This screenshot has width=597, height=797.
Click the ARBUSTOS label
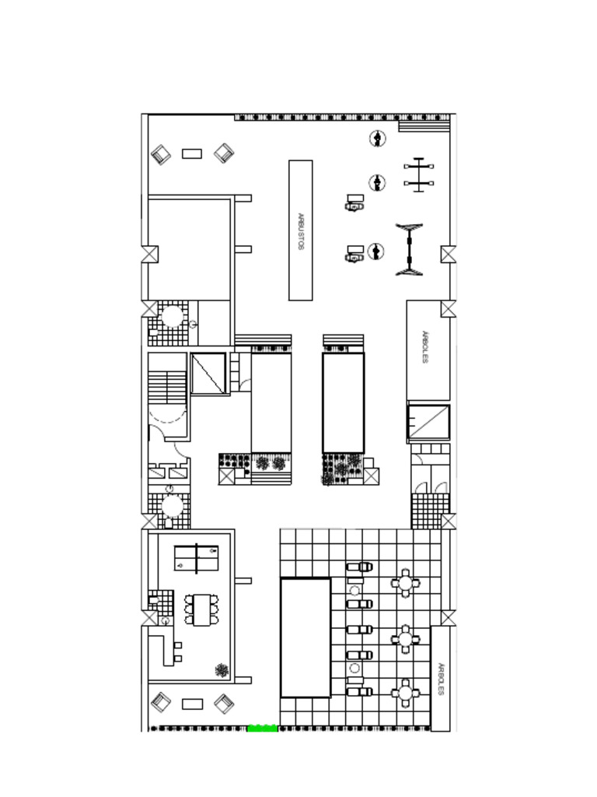click(x=301, y=231)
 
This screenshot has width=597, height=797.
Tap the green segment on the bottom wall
click(x=263, y=728)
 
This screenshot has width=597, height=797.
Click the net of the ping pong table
click(x=197, y=557)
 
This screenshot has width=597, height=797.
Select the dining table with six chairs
click(x=202, y=610)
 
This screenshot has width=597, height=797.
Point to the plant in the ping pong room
click(x=222, y=670)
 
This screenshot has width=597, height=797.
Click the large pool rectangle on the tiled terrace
click(x=305, y=637)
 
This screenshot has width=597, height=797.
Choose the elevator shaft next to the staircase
click(x=208, y=374)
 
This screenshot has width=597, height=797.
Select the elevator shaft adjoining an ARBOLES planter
click(x=429, y=422)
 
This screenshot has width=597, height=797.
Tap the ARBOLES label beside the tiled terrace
click(x=441, y=679)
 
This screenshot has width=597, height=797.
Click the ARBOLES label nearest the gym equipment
click(x=425, y=347)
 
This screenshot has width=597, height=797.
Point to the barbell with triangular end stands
click(x=409, y=250)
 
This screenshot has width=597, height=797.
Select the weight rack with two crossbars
click(x=419, y=175)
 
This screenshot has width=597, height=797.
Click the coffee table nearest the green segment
click(x=193, y=704)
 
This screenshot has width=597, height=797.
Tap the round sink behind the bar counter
click(x=165, y=621)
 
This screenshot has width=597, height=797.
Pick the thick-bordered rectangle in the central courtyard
click(x=344, y=402)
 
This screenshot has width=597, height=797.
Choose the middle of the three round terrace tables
click(x=405, y=638)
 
